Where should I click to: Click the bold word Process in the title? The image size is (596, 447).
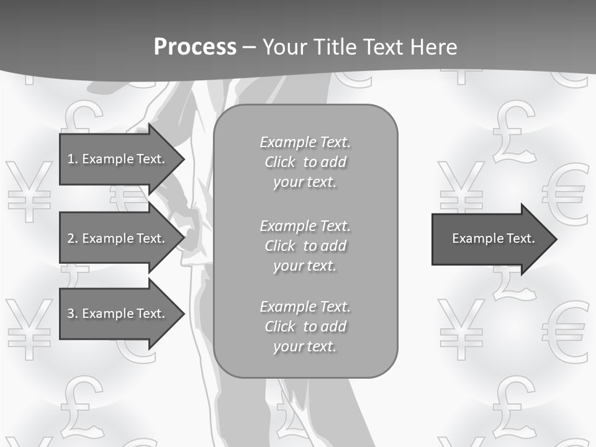[x=195, y=47]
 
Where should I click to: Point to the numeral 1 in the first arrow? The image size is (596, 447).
[x=70, y=159]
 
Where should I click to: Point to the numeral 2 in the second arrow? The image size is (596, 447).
[x=70, y=238]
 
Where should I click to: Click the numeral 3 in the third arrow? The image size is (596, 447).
[x=70, y=314]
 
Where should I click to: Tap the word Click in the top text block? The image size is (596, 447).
[x=280, y=162]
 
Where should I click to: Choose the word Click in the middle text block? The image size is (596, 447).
[x=280, y=246]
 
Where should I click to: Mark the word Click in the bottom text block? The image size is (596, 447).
[x=280, y=327]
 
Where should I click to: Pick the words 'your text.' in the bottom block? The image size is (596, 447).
[x=304, y=346]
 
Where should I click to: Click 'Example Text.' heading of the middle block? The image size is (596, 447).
[x=305, y=225]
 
